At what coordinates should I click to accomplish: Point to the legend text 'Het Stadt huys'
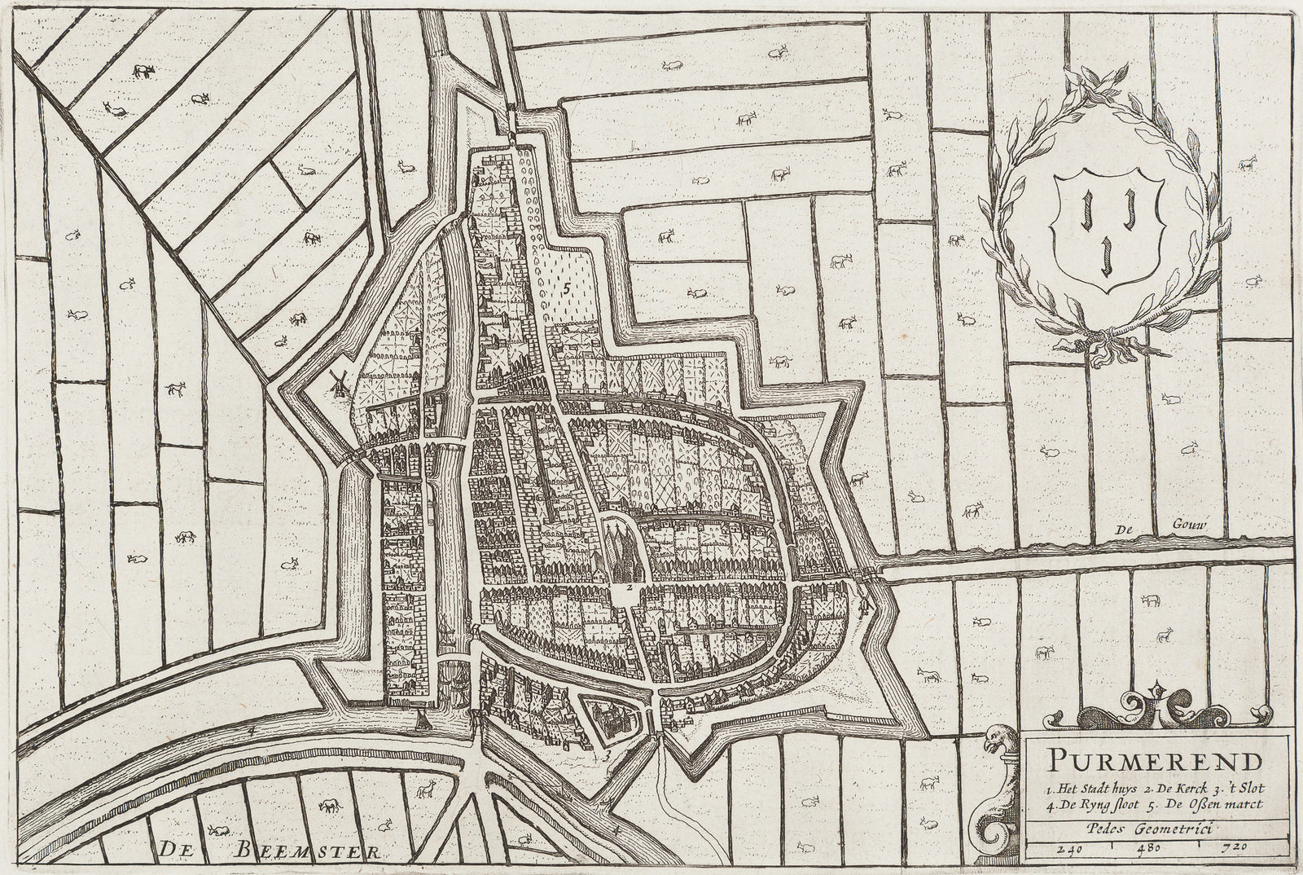[1090, 788]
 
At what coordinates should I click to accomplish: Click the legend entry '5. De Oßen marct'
[1208, 805]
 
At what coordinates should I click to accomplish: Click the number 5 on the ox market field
[564, 287]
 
